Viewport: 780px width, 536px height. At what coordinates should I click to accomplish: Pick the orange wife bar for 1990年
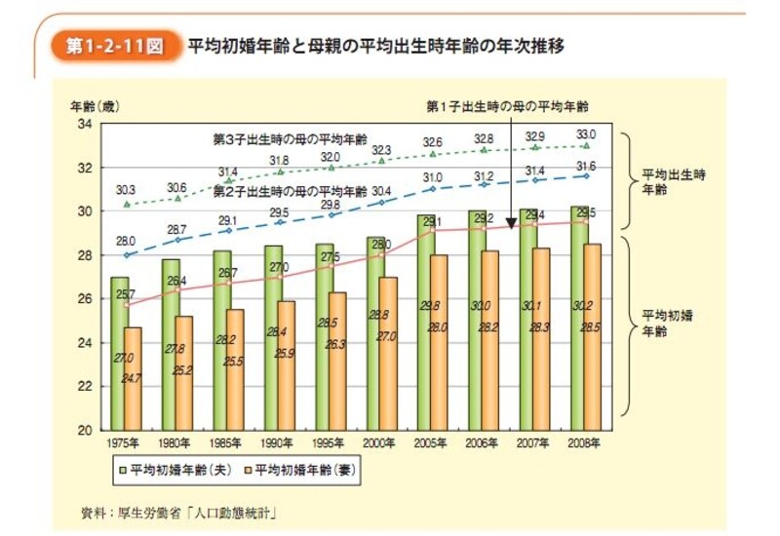[x=286, y=364]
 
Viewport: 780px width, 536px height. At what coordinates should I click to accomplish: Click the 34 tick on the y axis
[x=85, y=125]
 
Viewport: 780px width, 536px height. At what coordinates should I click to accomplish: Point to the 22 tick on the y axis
[x=85, y=386]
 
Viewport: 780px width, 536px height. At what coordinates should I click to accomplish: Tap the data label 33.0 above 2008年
[x=585, y=134]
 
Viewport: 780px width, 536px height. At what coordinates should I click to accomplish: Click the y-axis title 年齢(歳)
[x=94, y=103]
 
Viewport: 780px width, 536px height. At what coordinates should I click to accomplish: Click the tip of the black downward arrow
[x=510, y=226]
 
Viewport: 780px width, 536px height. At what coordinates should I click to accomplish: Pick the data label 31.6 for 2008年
[x=585, y=165]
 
